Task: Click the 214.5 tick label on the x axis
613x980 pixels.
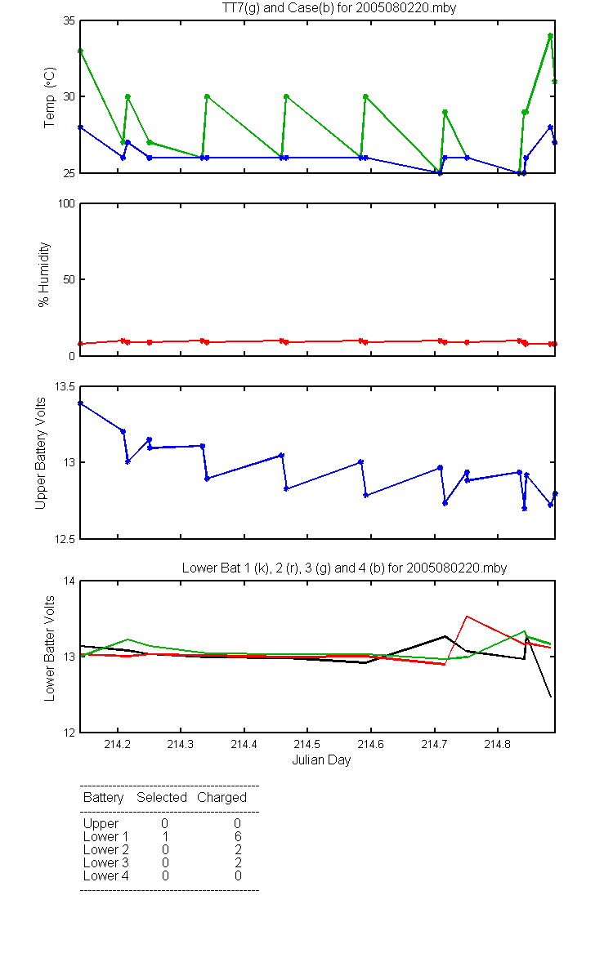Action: [x=307, y=744]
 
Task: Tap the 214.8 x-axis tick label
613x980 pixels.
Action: [x=498, y=744]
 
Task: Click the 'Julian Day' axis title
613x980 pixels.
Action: [x=321, y=760]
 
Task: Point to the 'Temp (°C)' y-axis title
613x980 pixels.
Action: [x=50, y=97]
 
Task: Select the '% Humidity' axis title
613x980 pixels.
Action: [x=44, y=274]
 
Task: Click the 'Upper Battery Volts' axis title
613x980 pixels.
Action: [x=40, y=453]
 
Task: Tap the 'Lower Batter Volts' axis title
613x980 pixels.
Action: [x=49, y=648]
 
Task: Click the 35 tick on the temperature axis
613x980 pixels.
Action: [x=69, y=21]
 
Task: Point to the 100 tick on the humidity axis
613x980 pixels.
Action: [x=66, y=203]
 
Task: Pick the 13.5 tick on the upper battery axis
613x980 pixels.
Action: [x=65, y=387]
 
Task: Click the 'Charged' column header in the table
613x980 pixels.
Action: [x=222, y=798]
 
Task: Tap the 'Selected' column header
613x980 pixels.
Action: [x=162, y=797]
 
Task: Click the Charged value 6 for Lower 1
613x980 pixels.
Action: [x=238, y=836]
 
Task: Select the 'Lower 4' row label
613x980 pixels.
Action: [x=106, y=875]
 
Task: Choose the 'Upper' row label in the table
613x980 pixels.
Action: [x=101, y=824]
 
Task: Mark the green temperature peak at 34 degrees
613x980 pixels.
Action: [x=550, y=36]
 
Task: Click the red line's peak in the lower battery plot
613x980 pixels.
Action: [x=467, y=617]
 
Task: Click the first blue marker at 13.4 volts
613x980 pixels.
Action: [x=81, y=403]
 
